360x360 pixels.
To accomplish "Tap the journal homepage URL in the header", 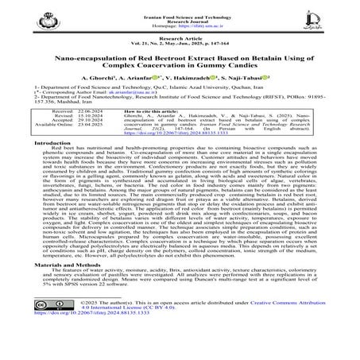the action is [180, 24].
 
